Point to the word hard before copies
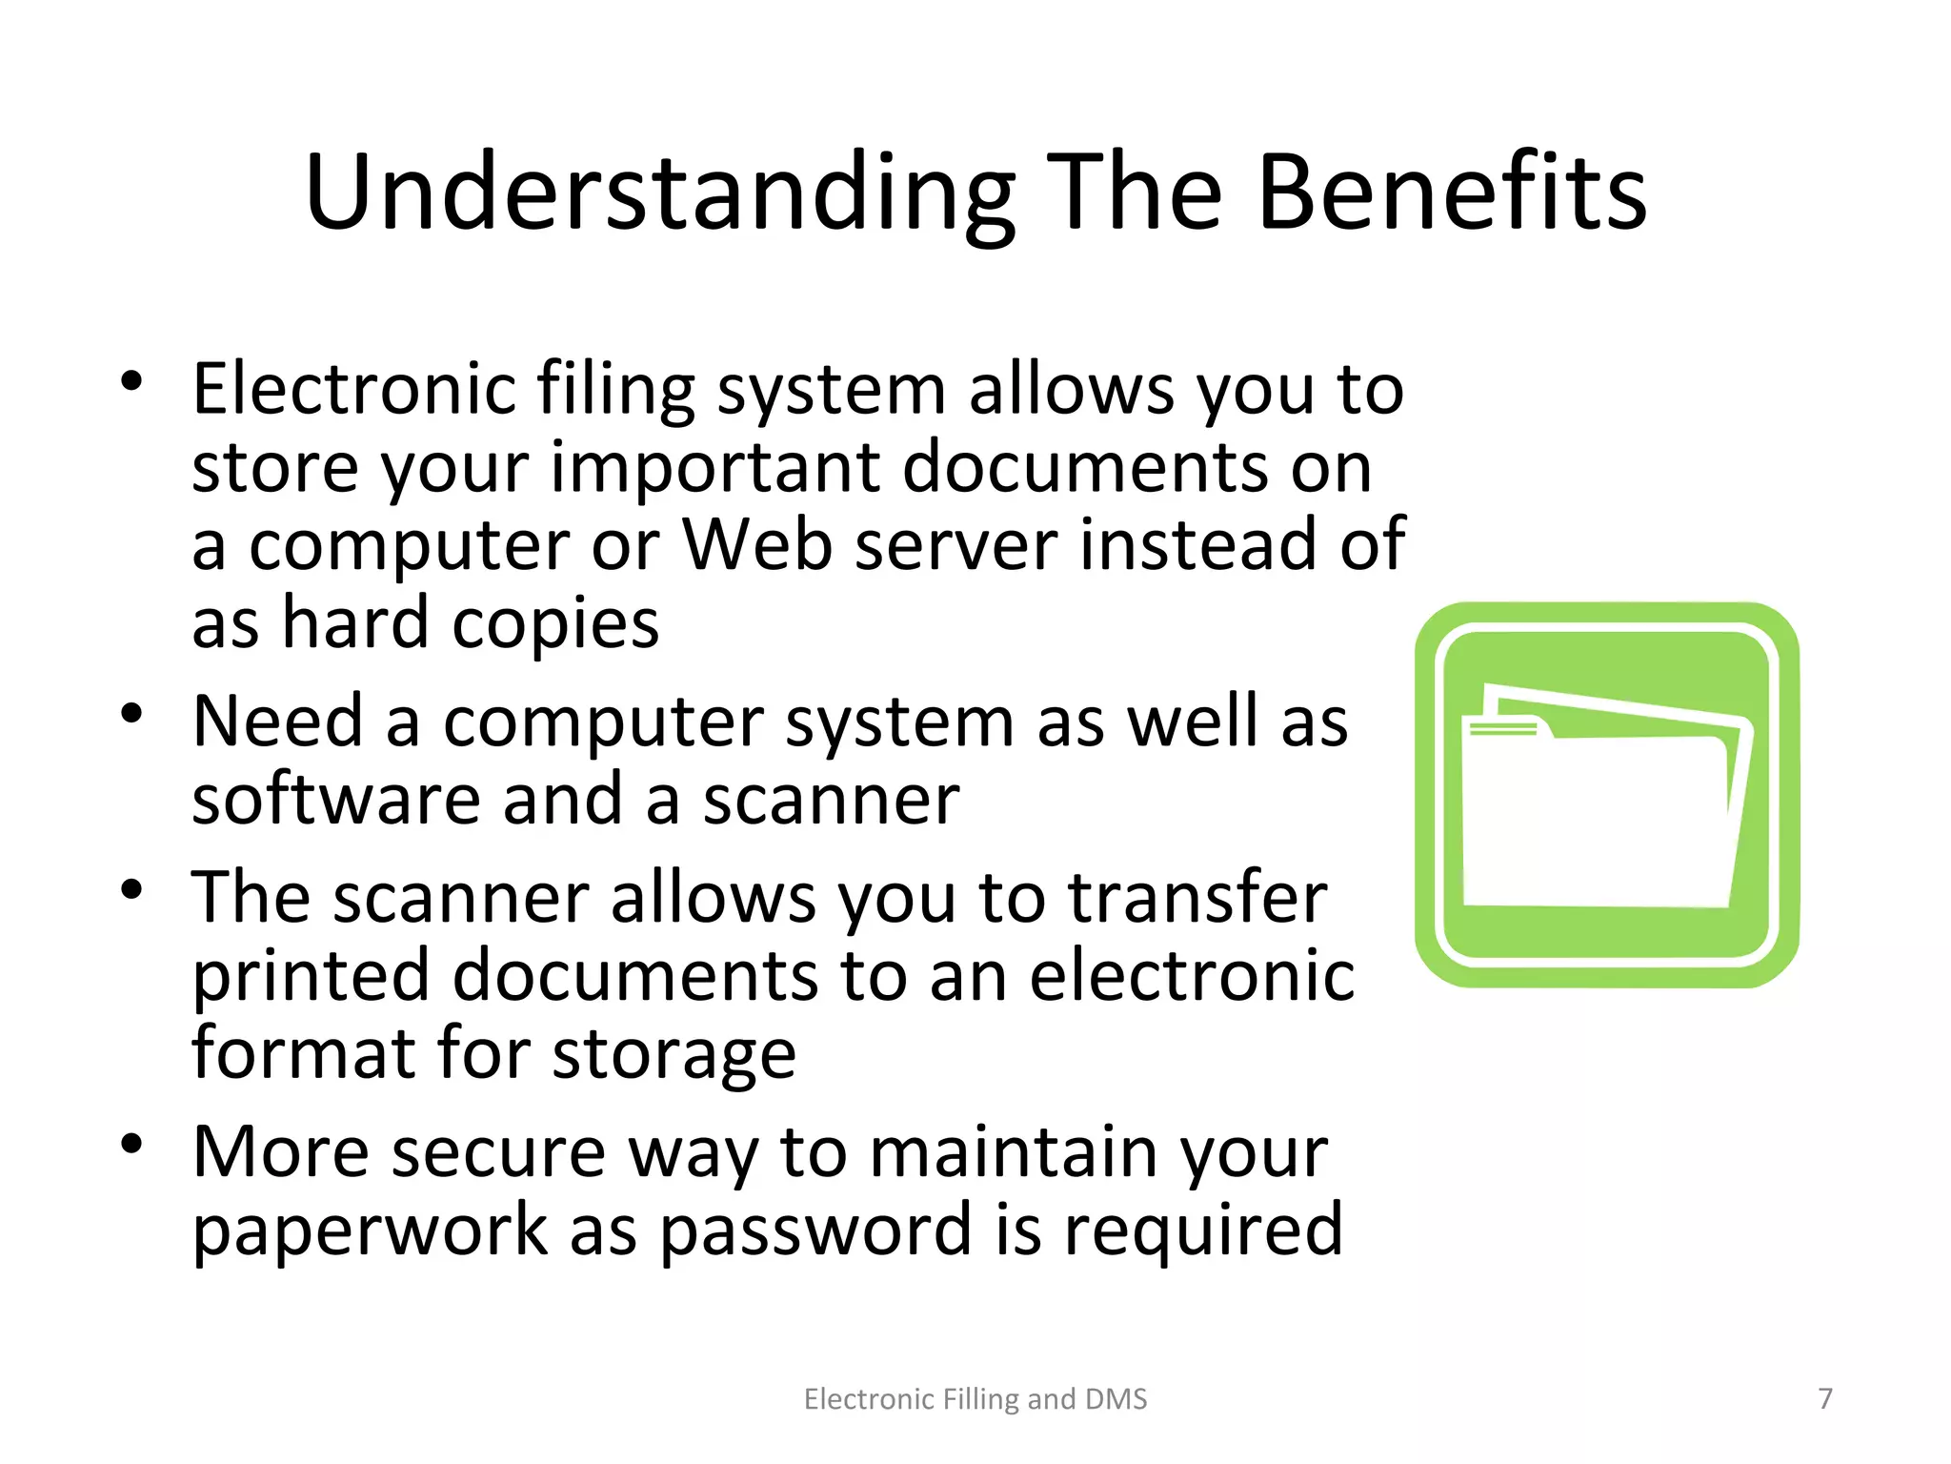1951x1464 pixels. point(355,623)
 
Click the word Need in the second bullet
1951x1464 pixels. point(277,722)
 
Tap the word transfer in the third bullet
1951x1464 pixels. point(1197,898)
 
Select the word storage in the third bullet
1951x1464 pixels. point(674,1056)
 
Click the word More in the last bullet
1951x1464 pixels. point(281,1152)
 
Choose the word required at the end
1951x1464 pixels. point(1203,1230)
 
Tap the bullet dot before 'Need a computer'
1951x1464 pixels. point(131,713)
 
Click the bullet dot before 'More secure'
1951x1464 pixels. point(131,1143)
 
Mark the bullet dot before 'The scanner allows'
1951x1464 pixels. point(131,889)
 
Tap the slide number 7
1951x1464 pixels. point(1825,1398)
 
